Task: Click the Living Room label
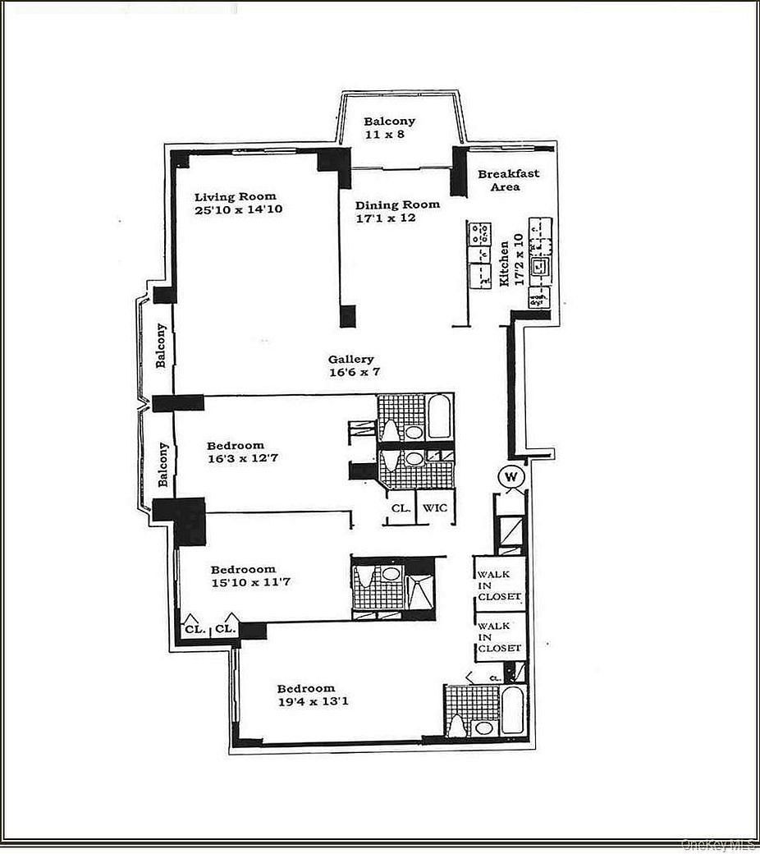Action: (x=235, y=196)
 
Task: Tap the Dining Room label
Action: (x=397, y=204)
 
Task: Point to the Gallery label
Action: (x=351, y=359)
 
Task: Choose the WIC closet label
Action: (x=435, y=508)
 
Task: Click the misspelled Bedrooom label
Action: (x=243, y=569)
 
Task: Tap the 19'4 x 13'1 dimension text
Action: (x=306, y=701)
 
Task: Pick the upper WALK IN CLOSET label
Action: (x=499, y=585)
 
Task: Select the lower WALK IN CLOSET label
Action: (x=499, y=637)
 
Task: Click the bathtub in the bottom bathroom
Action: (x=511, y=710)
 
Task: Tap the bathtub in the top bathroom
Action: (x=439, y=416)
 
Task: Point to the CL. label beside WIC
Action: (x=400, y=508)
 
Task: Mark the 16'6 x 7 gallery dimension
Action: (x=354, y=372)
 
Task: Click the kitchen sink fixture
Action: (x=539, y=266)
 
